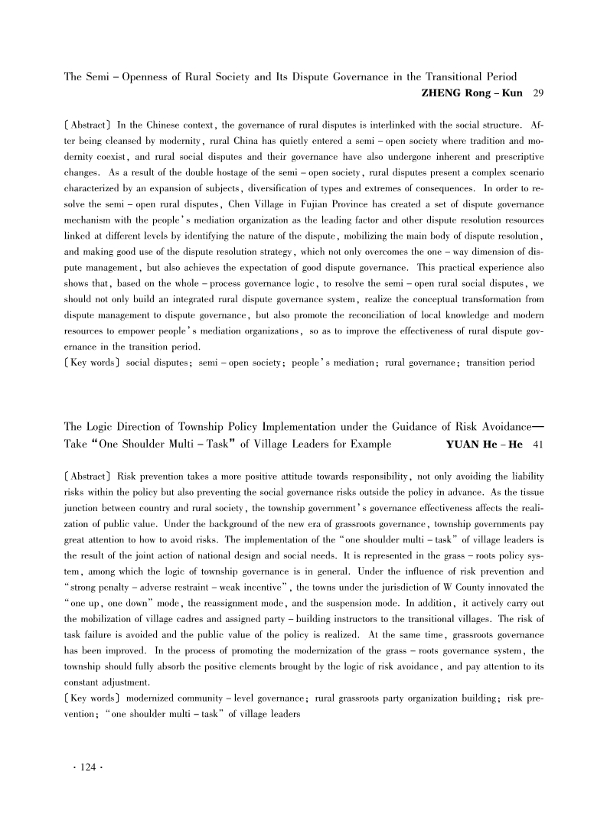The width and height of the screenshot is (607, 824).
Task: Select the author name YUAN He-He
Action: [x=483, y=444]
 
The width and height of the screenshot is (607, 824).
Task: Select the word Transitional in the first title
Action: [x=432, y=77]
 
